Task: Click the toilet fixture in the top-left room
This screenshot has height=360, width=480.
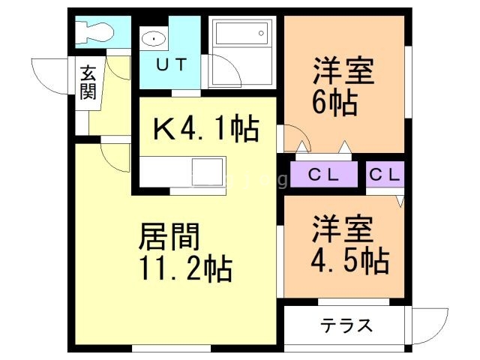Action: point(94,31)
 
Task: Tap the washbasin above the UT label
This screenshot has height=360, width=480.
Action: point(154,37)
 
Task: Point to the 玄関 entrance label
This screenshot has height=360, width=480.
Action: point(88,82)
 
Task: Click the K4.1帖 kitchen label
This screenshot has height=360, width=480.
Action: point(205,129)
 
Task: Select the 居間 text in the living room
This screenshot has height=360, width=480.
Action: point(169,238)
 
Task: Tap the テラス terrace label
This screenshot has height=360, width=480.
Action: point(346,325)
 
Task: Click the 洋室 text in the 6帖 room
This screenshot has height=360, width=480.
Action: point(342,72)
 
